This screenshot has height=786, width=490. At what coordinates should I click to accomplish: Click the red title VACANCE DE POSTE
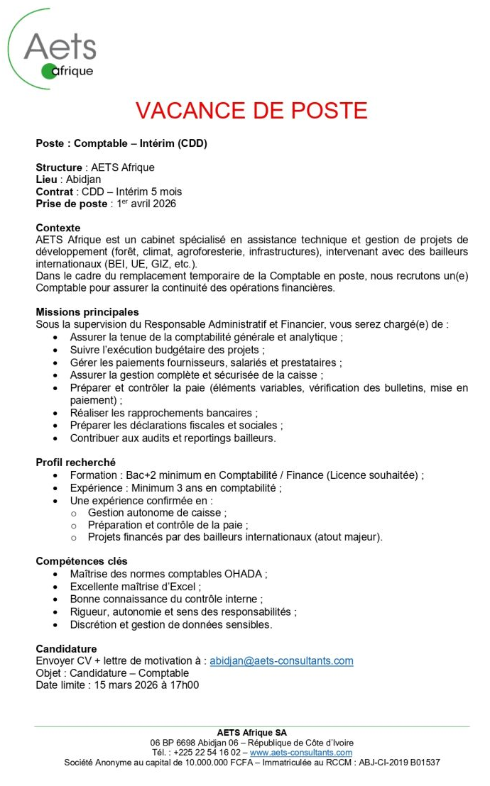pos(251,111)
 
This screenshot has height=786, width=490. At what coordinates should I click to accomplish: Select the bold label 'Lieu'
pos(46,179)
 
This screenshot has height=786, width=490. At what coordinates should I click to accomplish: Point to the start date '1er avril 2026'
pos(144,204)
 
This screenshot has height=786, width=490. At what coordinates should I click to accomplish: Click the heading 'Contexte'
pos(58,228)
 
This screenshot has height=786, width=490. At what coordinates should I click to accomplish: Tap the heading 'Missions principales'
pos(87,311)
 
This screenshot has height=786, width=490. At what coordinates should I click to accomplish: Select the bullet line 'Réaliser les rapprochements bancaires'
pos(163,413)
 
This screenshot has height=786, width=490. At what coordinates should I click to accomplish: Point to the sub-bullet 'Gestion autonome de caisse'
pos(157,512)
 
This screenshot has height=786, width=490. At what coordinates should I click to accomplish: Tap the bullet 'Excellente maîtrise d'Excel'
pos(135,587)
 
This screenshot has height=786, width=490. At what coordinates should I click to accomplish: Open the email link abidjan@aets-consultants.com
pos(281,660)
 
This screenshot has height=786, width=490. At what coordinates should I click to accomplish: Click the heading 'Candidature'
pos(66,648)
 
